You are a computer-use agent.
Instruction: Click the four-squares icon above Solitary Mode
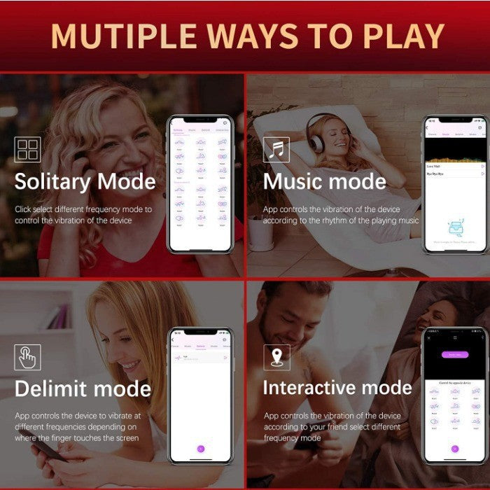pyautogui.click(x=27, y=149)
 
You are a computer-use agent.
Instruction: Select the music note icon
pyautogui.click(x=276, y=150)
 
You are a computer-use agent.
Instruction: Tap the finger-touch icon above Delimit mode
pyautogui.click(x=27, y=357)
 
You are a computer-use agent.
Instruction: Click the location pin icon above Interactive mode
pyautogui.click(x=276, y=357)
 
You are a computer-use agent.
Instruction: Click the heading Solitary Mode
pyautogui.click(x=85, y=181)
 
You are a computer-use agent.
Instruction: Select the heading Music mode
pyautogui.click(x=324, y=181)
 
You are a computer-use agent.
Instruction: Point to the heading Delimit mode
pyautogui.click(x=83, y=388)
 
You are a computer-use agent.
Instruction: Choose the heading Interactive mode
pyautogui.click(x=337, y=388)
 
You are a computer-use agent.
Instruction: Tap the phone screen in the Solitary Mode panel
pyautogui.click(x=201, y=185)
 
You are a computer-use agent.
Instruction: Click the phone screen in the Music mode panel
pyautogui.click(x=454, y=185)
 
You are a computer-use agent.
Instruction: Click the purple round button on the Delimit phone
pyautogui.click(x=201, y=448)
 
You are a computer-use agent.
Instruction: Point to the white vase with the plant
pyautogui.click(x=262, y=231)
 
